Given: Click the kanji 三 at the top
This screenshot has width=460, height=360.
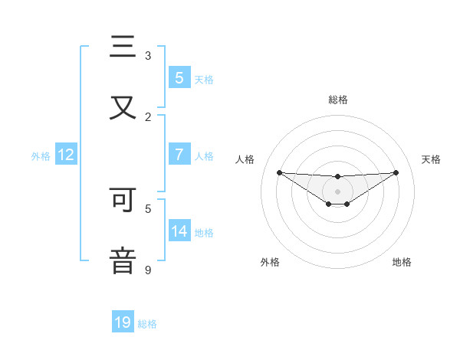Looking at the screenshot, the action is pos(123,47).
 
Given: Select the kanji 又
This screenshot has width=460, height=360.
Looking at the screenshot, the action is pos(123,107).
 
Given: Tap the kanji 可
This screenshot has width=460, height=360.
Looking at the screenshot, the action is pos(123,201).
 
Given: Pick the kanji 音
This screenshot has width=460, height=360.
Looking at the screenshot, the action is pos(123,260).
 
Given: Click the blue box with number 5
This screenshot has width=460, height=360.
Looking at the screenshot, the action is pos(179,77).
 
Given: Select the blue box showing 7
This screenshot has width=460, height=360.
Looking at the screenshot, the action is pos(179,155).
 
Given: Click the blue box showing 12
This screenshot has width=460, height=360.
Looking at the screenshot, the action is pos(66,155).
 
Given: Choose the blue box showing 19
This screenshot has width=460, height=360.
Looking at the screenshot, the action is pos(123,322).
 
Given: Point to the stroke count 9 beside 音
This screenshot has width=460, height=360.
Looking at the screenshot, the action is pos(148,270).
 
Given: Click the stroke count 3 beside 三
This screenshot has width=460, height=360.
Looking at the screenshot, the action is pos(148,56).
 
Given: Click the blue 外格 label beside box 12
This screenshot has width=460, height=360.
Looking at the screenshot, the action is pos(41,155).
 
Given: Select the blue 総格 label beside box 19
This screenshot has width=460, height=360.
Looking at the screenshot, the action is pos(147,324).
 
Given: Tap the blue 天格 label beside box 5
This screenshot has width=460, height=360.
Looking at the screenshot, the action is pos(204,79).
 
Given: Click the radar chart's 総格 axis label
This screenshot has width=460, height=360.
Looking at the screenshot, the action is pos(338,100).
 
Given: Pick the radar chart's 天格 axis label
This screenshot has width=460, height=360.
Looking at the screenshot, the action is pos(431,159).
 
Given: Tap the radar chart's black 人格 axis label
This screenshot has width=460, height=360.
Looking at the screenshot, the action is pos(245,159).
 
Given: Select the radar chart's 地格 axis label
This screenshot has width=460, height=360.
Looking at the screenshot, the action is pos(402,262).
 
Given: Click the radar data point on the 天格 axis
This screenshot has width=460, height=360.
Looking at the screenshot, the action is pos(396,172).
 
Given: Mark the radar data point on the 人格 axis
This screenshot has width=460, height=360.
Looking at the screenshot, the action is pos(279,172).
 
